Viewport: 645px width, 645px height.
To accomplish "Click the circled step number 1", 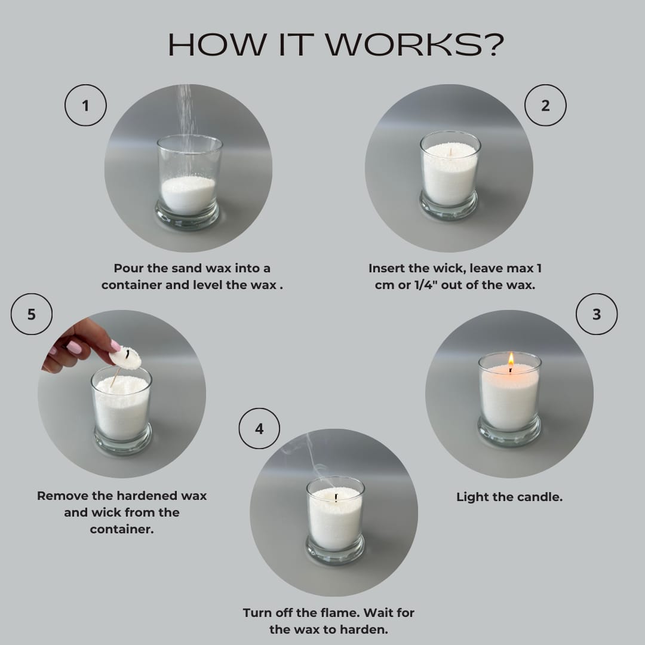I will [x=85, y=106].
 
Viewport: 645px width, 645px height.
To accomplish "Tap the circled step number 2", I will [x=545, y=106].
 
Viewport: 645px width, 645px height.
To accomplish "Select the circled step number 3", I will [x=597, y=314].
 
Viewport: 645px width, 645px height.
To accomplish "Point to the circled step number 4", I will [x=259, y=429].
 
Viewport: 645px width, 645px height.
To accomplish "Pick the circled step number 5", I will [x=32, y=314].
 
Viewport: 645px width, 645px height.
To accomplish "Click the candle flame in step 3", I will [x=511, y=360].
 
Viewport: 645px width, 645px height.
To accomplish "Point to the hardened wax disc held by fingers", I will [x=126, y=358].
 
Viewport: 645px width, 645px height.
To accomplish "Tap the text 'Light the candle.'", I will [x=509, y=497].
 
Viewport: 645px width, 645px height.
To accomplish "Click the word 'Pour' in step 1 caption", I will [x=128, y=269].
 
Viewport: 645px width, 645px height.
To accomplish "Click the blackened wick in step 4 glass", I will [x=336, y=497].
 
